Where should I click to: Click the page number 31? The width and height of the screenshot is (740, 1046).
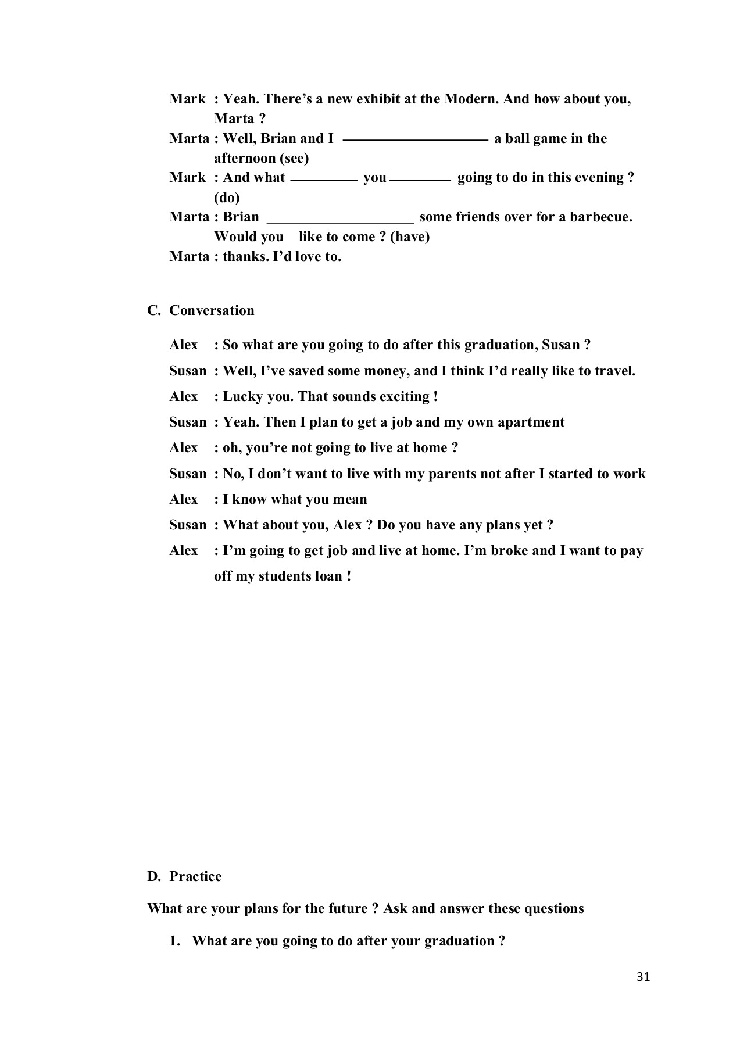(x=643, y=977)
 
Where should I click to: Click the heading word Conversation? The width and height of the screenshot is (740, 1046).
(x=212, y=310)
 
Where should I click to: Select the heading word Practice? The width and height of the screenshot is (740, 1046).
(x=195, y=876)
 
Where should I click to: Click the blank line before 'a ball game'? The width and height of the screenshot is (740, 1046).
(x=415, y=140)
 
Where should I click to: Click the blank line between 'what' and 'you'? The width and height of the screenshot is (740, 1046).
(x=324, y=181)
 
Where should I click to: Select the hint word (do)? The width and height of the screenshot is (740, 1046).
(x=227, y=198)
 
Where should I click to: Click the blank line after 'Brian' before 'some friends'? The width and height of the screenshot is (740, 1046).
(x=340, y=221)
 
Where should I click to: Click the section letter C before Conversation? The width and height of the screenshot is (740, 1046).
(x=153, y=310)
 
